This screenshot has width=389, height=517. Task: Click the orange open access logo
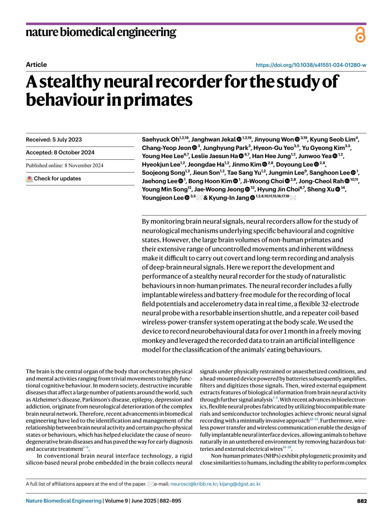click(360, 35)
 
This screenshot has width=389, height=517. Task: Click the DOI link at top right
click(311, 65)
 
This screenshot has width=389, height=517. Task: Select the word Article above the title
click(36, 65)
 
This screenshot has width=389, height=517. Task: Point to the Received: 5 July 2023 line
click(54, 140)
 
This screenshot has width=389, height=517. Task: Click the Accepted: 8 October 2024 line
click(60, 153)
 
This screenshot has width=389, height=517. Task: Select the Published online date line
click(65, 166)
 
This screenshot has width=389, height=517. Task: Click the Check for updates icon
click(29, 178)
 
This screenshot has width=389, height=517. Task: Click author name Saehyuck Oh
click(160, 140)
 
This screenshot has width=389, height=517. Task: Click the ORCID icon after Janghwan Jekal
click(239, 140)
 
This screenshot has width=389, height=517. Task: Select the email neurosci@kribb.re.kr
click(194, 484)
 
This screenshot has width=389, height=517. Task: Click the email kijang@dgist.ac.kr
click(240, 484)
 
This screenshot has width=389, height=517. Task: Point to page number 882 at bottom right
click(362, 501)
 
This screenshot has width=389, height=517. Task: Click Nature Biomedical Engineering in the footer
click(64, 501)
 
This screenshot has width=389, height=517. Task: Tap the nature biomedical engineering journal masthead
click(101, 32)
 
